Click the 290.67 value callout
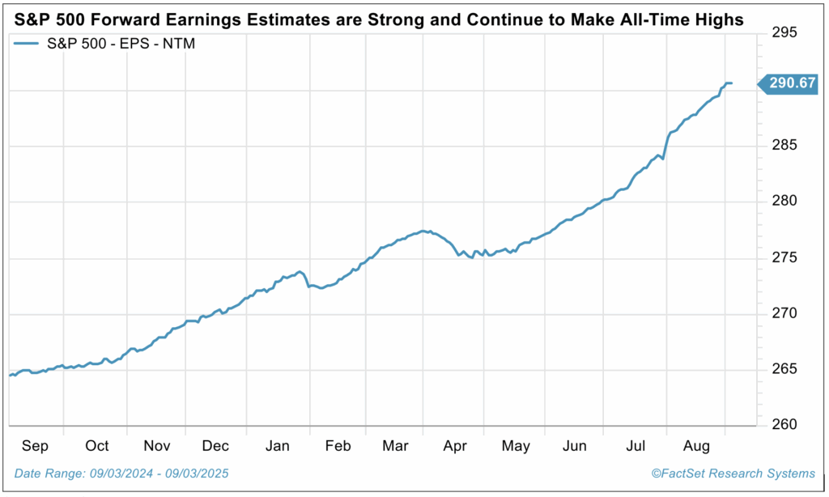tap(789, 83)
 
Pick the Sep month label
tap(36, 446)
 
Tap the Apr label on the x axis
tap(455, 446)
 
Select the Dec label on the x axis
tap(216, 446)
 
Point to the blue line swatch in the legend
tap(31, 43)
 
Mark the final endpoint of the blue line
tap(732, 83)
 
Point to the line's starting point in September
tap(10, 376)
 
